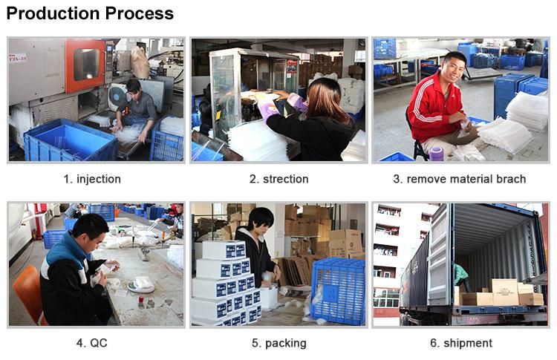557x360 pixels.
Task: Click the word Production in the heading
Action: coord(53,13)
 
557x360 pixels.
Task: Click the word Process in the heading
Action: coord(140,13)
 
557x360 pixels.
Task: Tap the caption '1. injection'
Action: coord(92,179)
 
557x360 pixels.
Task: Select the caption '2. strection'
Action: coord(278,179)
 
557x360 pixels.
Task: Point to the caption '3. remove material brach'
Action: coord(460,179)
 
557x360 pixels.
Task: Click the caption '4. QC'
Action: coord(91,343)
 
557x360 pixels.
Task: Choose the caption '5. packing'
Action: coord(279,344)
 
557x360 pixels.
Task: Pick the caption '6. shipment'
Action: coord(461,344)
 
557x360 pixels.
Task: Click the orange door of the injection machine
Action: coord(85,65)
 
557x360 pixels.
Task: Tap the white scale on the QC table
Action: coord(141,284)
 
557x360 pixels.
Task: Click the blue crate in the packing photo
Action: coord(338,291)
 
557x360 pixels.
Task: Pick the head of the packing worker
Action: coord(261,221)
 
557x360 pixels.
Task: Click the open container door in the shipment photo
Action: coord(440,255)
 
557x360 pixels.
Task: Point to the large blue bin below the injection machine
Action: coord(71,140)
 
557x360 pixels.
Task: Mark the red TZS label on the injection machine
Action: coord(18,57)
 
